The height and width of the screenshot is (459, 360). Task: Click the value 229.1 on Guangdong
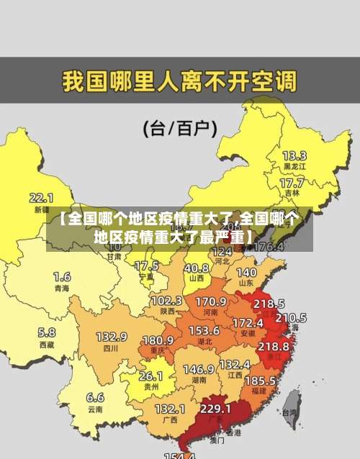click(x=215, y=409)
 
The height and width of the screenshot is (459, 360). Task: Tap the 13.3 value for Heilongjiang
click(x=294, y=155)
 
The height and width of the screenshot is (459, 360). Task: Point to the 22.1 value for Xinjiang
click(x=41, y=197)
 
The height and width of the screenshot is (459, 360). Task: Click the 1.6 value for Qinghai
click(x=62, y=276)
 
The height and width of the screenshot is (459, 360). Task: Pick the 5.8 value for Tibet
click(x=46, y=332)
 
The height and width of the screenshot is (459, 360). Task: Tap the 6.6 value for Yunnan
click(x=95, y=397)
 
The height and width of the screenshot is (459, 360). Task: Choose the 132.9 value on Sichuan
click(x=112, y=336)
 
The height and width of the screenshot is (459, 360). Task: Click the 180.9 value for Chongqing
click(x=158, y=340)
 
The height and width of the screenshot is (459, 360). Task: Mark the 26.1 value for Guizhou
click(x=150, y=376)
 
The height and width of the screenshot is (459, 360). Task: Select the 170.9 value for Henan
click(x=211, y=301)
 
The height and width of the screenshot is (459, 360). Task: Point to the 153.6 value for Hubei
click(x=204, y=330)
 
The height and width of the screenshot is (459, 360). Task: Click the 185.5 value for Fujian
click(x=259, y=379)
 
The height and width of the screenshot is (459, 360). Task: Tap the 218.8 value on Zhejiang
click(x=274, y=346)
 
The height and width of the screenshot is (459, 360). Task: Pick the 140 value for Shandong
click(x=246, y=273)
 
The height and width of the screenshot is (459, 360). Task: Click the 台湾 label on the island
click(x=289, y=413)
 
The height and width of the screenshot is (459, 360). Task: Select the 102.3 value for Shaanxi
click(x=166, y=300)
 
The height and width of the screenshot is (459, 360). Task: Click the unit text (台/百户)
click(x=180, y=129)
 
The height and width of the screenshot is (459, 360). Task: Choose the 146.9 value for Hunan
click(x=198, y=369)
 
